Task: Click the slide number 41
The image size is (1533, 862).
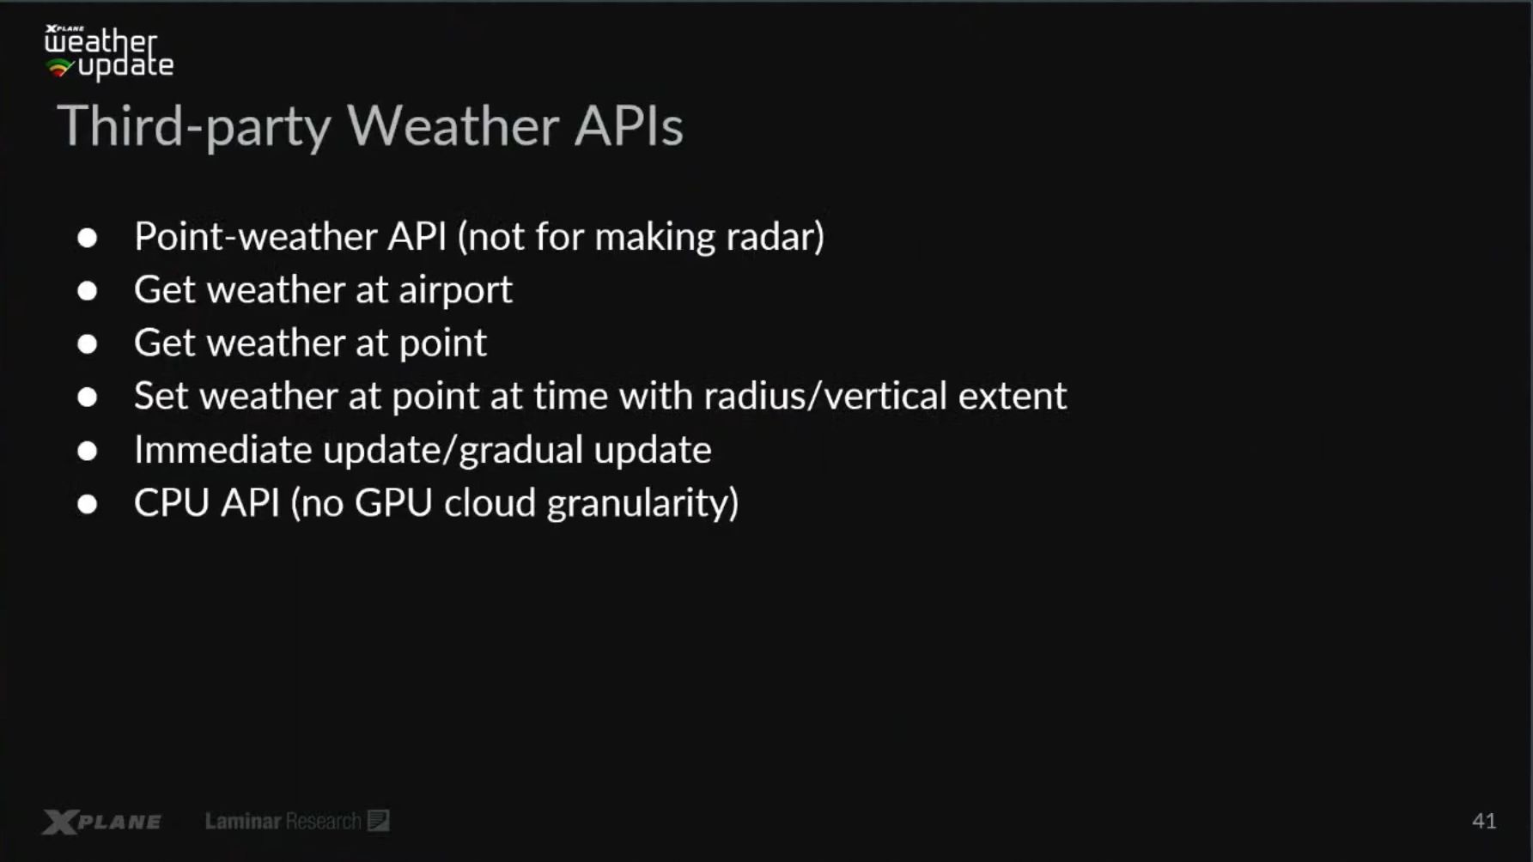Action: click(1484, 821)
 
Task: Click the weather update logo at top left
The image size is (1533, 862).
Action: click(109, 52)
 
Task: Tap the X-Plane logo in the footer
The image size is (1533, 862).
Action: click(102, 822)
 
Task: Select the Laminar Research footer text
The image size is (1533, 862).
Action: click(296, 821)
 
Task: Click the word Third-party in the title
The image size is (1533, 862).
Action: click(194, 126)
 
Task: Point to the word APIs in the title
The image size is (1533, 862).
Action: click(629, 126)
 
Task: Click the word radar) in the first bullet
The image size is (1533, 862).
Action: click(775, 236)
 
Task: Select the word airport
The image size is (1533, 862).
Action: click(455, 290)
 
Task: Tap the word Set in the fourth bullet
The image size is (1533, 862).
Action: click(161, 396)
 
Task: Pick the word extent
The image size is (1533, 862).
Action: click(1013, 396)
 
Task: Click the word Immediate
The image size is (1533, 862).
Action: click(223, 450)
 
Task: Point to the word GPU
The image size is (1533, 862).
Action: click(393, 503)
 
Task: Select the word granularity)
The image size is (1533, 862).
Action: click(643, 504)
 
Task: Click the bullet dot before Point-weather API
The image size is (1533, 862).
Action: click(87, 238)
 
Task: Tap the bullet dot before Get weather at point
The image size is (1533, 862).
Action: click(87, 344)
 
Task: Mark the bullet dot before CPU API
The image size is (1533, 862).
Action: click(87, 504)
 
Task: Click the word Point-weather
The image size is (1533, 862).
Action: click(255, 236)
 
